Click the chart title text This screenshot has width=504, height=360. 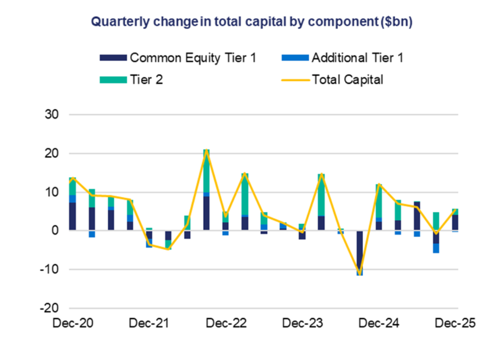(x=252, y=22)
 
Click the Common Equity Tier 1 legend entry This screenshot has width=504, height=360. (x=179, y=58)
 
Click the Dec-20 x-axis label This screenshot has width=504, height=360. (x=73, y=323)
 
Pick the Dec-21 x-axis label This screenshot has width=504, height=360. (x=150, y=323)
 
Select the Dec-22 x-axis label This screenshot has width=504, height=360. (x=226, y=323)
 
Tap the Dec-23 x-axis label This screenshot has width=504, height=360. (x=303, y=323)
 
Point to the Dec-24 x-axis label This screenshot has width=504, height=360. (x=380, y=323)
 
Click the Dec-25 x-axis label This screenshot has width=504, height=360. (x=455, y=323)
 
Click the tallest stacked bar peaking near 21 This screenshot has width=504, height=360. (x=206, y=190)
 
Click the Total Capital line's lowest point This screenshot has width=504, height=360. (x=360, y=274)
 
